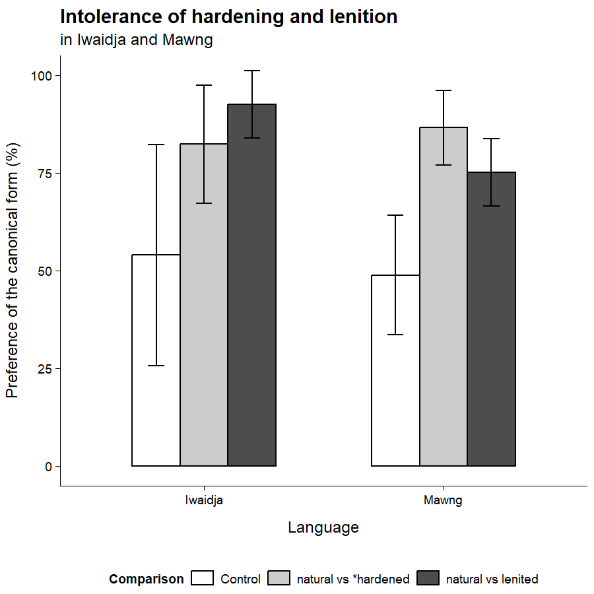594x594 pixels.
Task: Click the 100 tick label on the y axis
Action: (x=42, y=75)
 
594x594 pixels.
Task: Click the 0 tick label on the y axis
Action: (x=48, y=466)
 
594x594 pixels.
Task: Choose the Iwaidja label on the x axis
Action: (x=204, y=500)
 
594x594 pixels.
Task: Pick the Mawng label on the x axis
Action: (x=443, y=500)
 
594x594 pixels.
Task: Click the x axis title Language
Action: (x=323, y=527)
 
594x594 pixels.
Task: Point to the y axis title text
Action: (x=13, y=271)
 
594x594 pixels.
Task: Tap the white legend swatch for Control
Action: (x=203, y=579)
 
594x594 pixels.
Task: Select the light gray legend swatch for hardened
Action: (x=279, y=579)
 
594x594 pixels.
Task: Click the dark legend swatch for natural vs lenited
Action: (x=428, y=579)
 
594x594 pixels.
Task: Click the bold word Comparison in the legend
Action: (x=147, y=579)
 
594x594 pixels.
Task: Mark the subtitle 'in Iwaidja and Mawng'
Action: (x=137, y=40)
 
